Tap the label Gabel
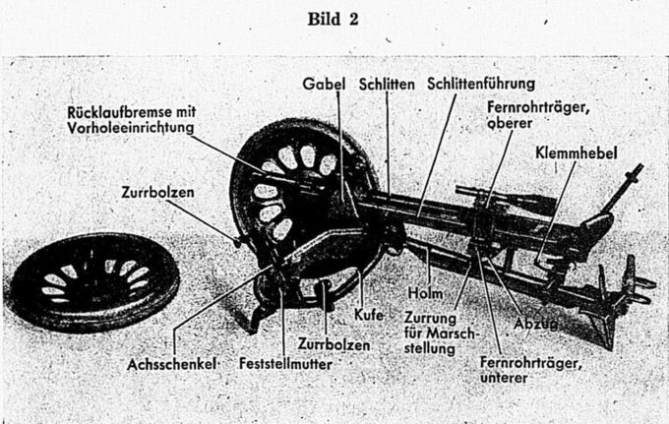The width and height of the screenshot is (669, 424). coord(324,85)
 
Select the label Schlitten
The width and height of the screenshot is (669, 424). coord(386,85)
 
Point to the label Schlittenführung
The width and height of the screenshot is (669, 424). coord(481,85)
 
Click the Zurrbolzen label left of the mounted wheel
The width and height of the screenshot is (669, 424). coord(166,193)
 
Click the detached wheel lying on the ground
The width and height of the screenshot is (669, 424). coord(93,279)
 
